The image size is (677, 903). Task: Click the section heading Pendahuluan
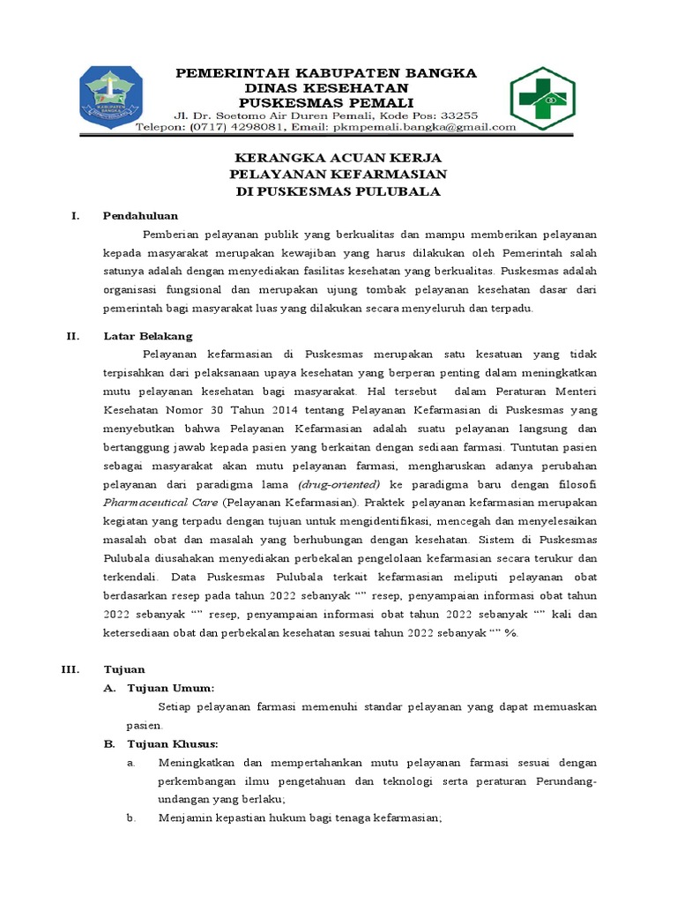140,215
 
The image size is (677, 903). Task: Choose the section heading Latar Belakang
147,336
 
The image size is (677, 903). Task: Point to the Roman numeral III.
71,669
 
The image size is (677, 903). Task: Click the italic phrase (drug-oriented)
339,484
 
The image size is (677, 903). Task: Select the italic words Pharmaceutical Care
160,503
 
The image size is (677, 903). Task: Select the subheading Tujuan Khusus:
174,743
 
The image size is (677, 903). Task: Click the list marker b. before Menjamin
130,817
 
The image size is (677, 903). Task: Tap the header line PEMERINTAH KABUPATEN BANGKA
327,72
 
